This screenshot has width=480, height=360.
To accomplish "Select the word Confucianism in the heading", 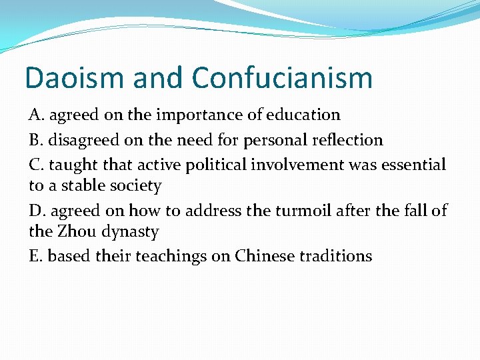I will [282, 78].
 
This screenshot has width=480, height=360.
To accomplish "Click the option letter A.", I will [35, 115].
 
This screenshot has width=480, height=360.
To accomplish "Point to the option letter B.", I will [35, 140].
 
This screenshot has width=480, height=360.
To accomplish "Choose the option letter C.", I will [35, 165].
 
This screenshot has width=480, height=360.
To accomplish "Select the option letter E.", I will [35, 256].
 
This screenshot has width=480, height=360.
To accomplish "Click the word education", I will [303, 115].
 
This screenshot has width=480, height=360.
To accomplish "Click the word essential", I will [413, 165].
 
